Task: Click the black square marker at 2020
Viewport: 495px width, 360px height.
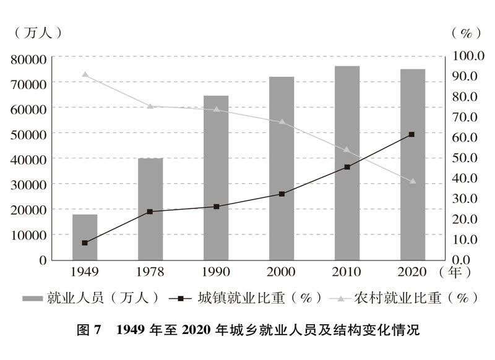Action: point(412,134)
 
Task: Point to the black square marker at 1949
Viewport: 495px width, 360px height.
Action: point(85,242)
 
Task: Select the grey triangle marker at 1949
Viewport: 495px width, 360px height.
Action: point(85,75)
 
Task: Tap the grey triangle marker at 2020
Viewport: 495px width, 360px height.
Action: point(412,181)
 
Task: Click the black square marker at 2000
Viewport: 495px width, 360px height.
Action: point(282,194)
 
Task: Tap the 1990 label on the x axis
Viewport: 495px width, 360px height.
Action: point(215,272)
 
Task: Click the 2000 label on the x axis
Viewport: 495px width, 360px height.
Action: point(282,272)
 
